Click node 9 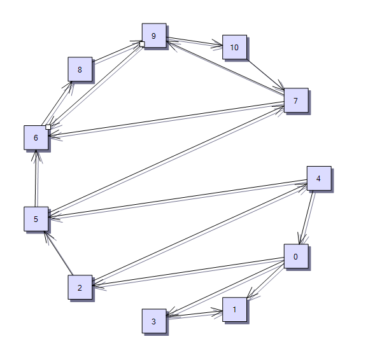[154, 36]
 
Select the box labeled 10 [234, 47]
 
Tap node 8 [80, 69]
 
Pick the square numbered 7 [296, 100]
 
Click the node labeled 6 [36, 137]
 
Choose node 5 [36, 219]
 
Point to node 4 [319, 179]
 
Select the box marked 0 [296, 256]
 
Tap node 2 [80, 287]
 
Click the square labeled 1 [234, 309]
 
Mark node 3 [154, 321]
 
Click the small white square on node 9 [142, 44]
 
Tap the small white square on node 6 [48, 127]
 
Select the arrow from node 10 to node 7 [265, 74]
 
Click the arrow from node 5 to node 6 [36, 178]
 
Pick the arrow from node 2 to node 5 [59, 253]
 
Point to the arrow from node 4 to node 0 [306, 218]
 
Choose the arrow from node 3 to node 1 [194, 314]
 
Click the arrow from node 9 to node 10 [194, 41]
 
